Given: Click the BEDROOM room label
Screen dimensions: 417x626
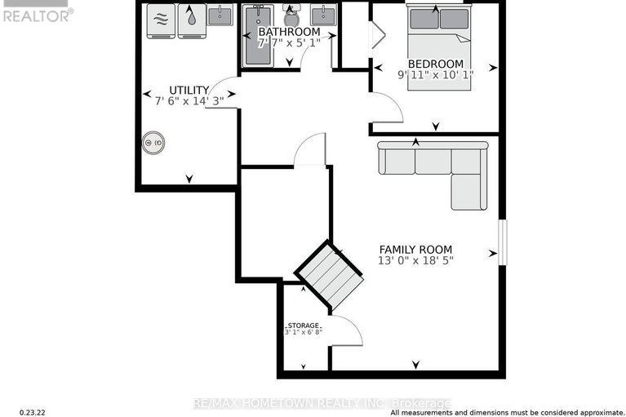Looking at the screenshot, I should point(435,64).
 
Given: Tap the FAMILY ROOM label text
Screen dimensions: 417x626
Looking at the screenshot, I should point(415,250).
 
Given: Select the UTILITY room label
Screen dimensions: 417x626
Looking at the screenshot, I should point(189,90).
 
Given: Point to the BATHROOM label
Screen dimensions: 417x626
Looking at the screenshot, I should point(289,32).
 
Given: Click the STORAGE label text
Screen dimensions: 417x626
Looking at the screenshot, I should point(302,325).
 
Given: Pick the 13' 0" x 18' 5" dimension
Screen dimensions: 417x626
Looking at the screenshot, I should point(415,261).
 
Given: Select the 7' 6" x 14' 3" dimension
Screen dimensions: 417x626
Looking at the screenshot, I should point(189,101).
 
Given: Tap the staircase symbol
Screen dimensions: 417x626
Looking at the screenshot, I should point(329,275).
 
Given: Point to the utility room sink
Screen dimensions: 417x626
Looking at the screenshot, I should point(220,15).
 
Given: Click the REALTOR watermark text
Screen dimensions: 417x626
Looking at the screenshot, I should point(38,14).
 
